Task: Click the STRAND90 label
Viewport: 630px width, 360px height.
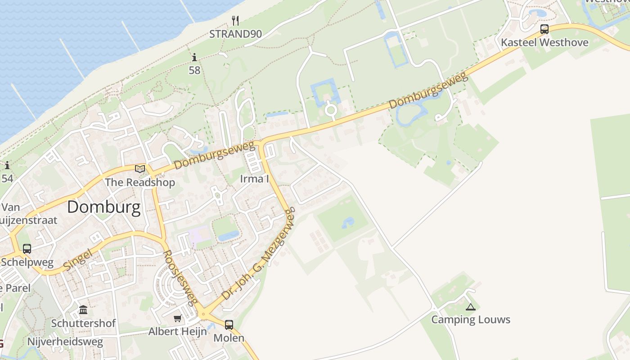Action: (235, 34)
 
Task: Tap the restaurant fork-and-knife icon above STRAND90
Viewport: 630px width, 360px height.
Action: (235, 20)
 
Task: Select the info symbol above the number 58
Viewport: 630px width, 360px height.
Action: (194, 58)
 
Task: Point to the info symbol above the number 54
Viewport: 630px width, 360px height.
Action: (7, 166)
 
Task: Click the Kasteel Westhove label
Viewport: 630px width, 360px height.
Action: (544, 43)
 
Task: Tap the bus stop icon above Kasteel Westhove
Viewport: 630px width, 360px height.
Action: (544, 30)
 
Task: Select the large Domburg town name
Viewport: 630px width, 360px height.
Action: (104, 207)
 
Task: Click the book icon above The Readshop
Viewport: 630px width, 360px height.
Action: (140, 169)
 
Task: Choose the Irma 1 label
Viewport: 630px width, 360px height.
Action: (254, 179)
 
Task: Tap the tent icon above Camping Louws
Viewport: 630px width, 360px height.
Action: (471, 307)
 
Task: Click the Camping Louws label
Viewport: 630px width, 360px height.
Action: (471, 319)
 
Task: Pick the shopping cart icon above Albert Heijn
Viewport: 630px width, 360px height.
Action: (178, 319)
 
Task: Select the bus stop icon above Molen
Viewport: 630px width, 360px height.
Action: (229, 324)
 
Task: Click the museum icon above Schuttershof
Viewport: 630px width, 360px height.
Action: (83, 310)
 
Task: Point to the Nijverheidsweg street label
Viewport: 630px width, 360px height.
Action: (65, 342)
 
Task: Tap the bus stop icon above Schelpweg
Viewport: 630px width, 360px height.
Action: (27, 248)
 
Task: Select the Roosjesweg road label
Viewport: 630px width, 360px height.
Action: (180, 278)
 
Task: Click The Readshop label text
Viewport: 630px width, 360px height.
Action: (140, 182)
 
